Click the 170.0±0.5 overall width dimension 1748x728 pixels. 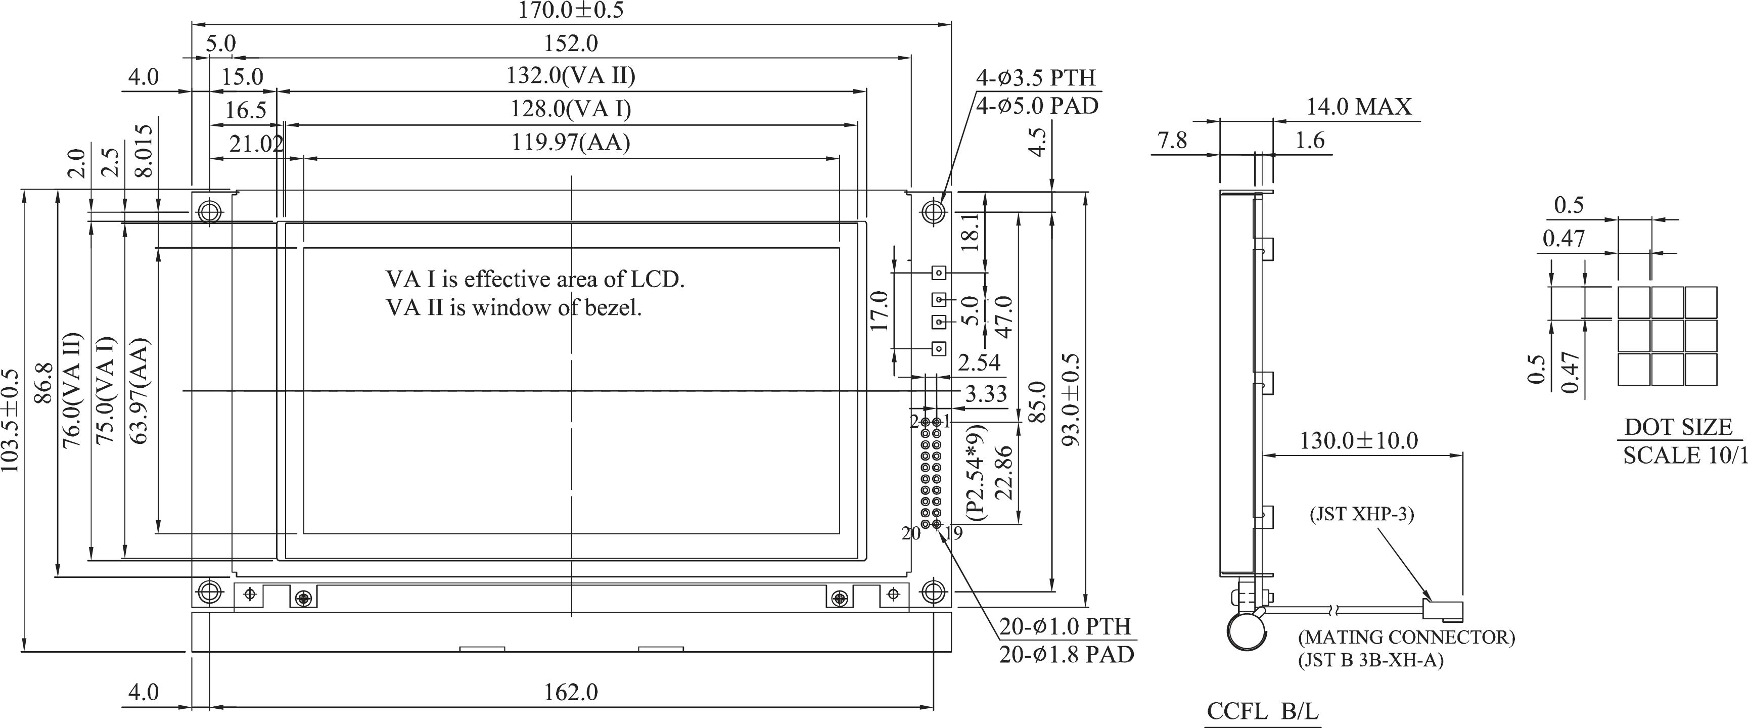click(x=571, y=10)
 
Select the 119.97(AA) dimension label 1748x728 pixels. click(x=571, y=143)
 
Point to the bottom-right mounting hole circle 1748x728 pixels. click(x=934, y=591)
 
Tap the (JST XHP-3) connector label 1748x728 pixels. click(x=1361, y=514)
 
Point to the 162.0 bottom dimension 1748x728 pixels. click(x=571, y=692)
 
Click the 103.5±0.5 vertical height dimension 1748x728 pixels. click(x=10, y=421)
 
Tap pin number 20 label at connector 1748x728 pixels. click(x=910, y=534)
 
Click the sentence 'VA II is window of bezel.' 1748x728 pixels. click(x=514, y=308)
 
